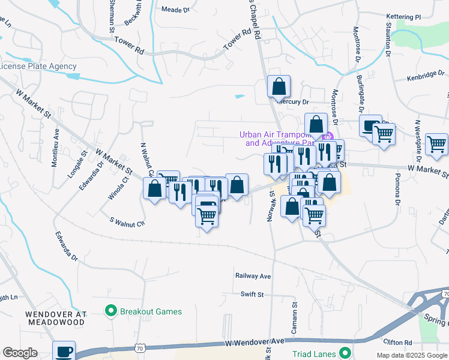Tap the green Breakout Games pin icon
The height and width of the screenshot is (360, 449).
point(110,311)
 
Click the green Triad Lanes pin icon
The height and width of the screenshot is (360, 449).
point(345,353)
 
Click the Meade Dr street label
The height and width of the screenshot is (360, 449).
point(176,10)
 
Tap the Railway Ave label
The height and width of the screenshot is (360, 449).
point(253,276)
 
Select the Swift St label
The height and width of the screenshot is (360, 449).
point(252,294)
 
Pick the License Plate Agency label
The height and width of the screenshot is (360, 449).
point(38,67)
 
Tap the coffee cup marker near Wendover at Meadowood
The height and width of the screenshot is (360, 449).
point(64,352)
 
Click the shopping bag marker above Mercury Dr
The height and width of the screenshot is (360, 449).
point(279,87)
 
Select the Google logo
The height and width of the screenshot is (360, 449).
point(20,353)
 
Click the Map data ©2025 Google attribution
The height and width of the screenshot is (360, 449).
point(412,355)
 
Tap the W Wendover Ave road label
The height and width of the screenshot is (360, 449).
point(254,341)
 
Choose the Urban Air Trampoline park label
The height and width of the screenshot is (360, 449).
point(277,139)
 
